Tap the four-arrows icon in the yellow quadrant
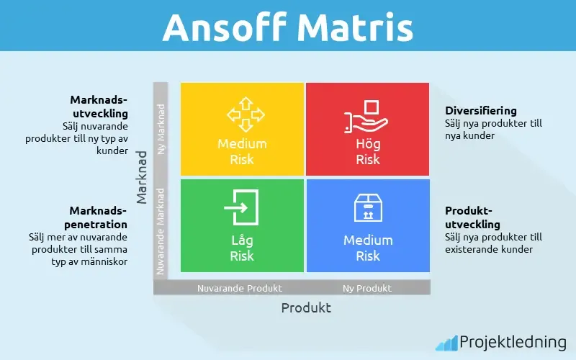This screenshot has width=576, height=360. pyautogui.click(x=242, y=113)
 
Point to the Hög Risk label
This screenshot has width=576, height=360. pyautogui.click(x=368, y=151)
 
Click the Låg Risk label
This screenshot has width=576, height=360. pyautogui.click(x=242, y=248)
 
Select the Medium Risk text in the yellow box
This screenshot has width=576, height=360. pyautogui.click(x=242, y=151)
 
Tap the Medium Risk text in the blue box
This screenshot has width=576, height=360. pyautogui.click(x=368, y=248)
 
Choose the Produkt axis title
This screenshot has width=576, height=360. pyautogui.click(x=306, y=307)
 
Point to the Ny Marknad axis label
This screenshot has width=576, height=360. pyautogui.click(x=161, y=130)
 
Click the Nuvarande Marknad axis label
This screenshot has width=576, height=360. pyautogui.click(x=161, y=230)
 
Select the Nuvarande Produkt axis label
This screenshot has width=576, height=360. pyautogui.click(x=240, y=288)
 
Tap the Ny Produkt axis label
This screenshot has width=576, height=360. pyautogui.click(x=367, y=288)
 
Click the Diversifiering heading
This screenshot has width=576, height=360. pyautogui.click(x=480, y=111)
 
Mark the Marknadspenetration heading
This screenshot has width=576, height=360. pyautogui.click(x=98, y=217)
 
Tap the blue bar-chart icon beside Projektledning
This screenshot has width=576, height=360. pyautogui.click(x=446, y=343)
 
